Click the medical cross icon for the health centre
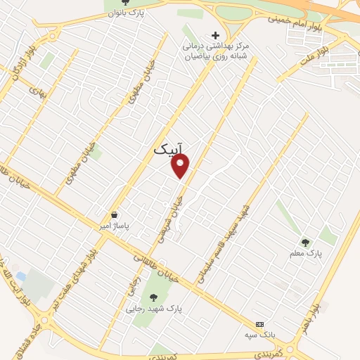tap(215, 35)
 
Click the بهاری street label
tap(36, 90)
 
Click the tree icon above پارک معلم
tap(304, 243)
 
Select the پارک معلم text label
tap(304, 254)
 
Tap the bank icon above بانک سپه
tap(261, 324)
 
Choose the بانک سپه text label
tap(261, 335)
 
